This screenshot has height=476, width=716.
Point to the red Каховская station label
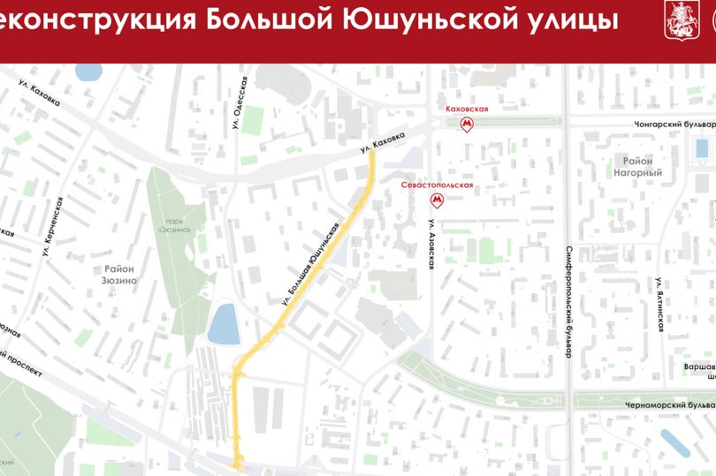click(467, 110)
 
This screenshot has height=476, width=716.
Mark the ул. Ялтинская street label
click(659, 303)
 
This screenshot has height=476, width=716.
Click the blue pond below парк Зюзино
click(222, 323)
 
